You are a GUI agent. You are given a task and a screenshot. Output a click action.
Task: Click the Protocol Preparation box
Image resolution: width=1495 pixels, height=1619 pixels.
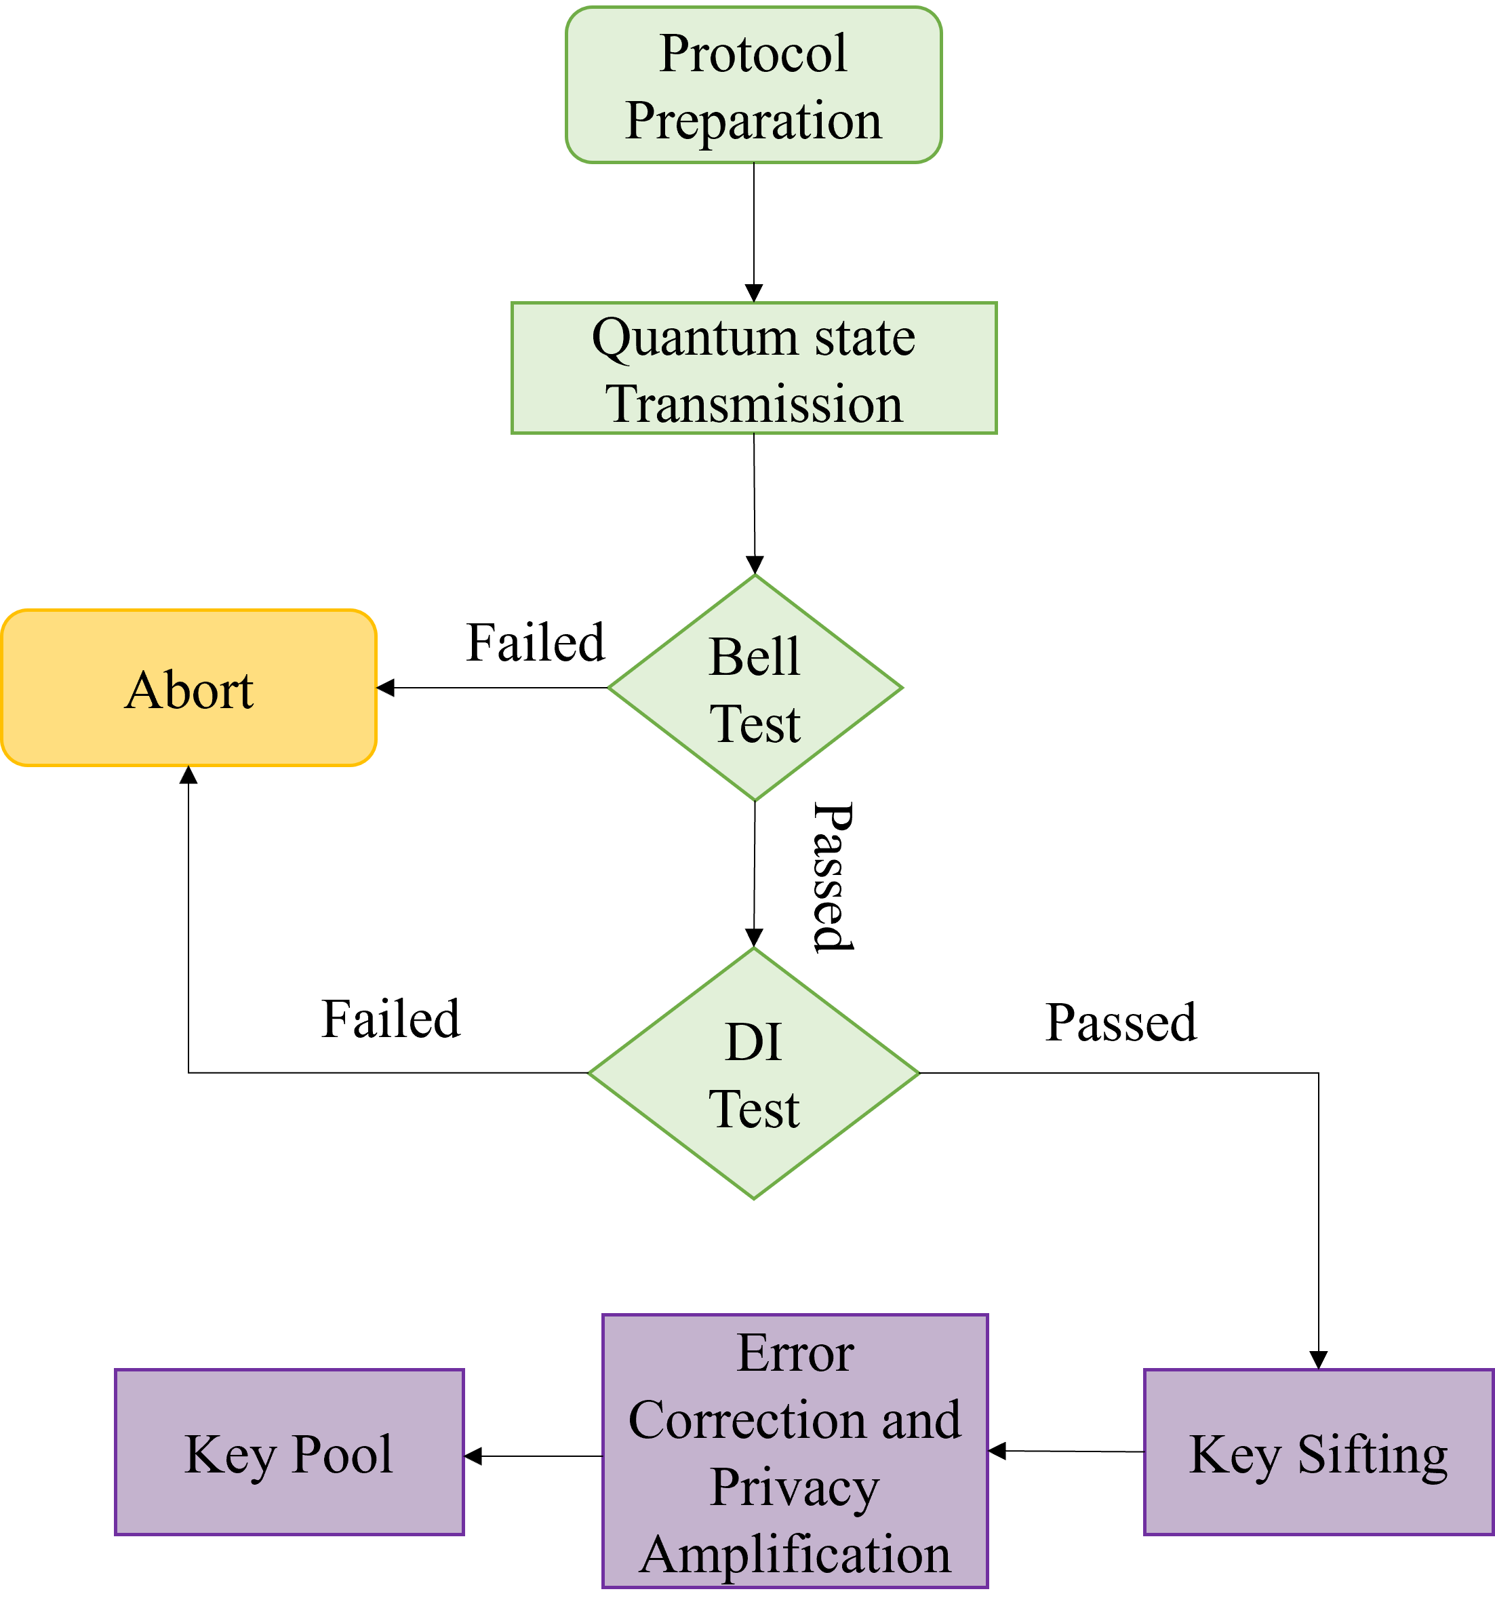(x=753, y=85)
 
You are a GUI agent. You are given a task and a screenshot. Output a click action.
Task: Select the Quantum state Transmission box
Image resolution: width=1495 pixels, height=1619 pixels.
(x=753, y=368)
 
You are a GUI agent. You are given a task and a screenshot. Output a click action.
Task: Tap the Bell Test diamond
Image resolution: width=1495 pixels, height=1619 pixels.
(x=755, y=688)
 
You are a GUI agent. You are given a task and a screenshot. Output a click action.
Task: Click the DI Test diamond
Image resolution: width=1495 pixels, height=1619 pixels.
(x=753, y=1074)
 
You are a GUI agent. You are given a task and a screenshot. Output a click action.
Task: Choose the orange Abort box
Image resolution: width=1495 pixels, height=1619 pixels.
(x=188, y=688)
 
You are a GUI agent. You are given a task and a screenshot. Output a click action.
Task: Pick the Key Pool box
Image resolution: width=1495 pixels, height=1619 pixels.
(x=289, y=1452)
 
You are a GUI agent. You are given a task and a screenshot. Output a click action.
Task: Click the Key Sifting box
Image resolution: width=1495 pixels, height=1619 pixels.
(x=1318, y=1452)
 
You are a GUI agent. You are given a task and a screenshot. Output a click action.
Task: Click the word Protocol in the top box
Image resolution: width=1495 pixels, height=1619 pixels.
(x=753, y=54)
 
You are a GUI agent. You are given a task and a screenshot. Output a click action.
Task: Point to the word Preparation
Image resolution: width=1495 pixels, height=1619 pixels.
(x=753, y=121)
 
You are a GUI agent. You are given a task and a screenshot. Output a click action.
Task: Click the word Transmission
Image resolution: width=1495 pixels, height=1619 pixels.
(x=753, y=404)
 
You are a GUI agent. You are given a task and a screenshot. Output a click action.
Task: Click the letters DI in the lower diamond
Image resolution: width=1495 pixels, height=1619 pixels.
(x=753, y=1041)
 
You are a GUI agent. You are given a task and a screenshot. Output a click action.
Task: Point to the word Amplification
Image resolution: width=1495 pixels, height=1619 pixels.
(x=795, y=1555)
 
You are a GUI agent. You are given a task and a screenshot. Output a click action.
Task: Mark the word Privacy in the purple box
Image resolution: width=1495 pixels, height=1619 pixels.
(x=795, y=1487)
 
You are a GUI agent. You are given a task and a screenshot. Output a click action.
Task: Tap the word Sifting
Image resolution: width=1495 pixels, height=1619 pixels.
(x=1372, y=1455)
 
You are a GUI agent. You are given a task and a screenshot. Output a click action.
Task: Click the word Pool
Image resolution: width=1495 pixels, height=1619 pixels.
(x=342, y=1454)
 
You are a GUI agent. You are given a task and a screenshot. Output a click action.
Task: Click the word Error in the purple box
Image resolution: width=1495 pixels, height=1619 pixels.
(x=795, y=1353)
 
